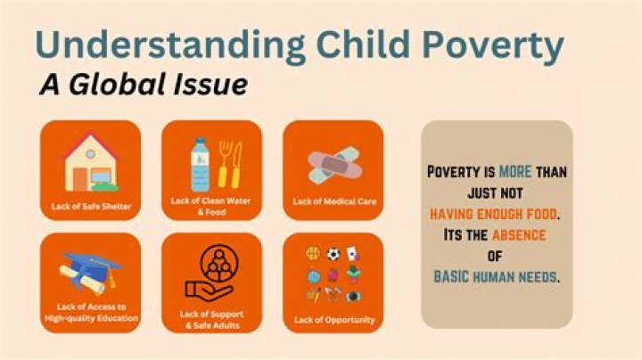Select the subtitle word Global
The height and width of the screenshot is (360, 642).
(x=118, y=84)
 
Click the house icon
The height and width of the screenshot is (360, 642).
(x=91, y=162)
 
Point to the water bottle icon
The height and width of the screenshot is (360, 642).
(x=200, y=165)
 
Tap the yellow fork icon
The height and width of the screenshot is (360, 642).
(x=223, y=165)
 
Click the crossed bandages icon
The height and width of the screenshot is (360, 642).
(x=334, y=165)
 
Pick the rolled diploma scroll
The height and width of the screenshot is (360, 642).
(x=82, y=280)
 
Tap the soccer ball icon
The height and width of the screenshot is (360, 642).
(x=333, y=255)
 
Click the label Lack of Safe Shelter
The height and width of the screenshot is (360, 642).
(x=91, y=207)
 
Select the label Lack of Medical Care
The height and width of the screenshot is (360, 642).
(x=334, y=201)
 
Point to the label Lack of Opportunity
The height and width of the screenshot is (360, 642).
(x=334, y=320)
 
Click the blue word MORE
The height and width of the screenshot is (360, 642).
(x=515, y=172)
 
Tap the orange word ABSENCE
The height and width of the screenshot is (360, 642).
(x=519, y=235)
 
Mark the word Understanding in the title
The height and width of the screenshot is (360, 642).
(x=170, y=45)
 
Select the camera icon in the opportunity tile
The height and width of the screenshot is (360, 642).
(x=353, y=296)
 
